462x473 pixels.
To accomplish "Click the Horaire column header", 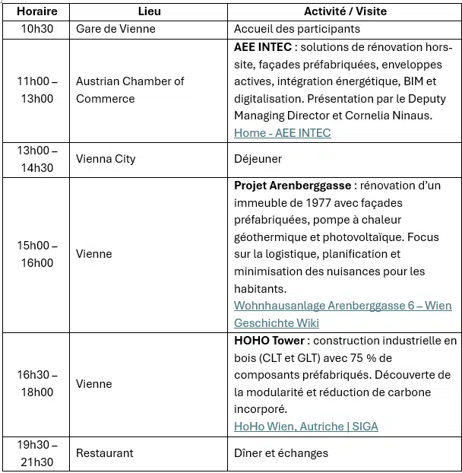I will point(37,11).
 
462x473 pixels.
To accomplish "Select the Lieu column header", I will point(149,11).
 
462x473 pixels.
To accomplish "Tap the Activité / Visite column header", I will point(345,11).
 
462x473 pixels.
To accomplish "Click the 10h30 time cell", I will point(37,29).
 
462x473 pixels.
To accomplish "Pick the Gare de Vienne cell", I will point(115,29).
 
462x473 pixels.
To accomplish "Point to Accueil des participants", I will point(297,29).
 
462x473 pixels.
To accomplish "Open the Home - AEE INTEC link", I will point(283,132).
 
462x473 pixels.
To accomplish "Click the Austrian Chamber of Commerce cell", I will point(130,90).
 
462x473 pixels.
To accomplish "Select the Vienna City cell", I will point(106,159).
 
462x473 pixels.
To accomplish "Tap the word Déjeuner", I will point(258,159).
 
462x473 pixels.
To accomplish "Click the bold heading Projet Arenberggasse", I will point(293,186).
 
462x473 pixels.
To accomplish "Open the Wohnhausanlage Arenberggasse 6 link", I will point(342,306).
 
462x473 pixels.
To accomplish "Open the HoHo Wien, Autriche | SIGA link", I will point(305,426).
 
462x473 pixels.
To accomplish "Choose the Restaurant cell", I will point(104,453).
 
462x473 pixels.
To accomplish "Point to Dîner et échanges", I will point(281,453).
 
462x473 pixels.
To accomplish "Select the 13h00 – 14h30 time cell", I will point(37,159).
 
